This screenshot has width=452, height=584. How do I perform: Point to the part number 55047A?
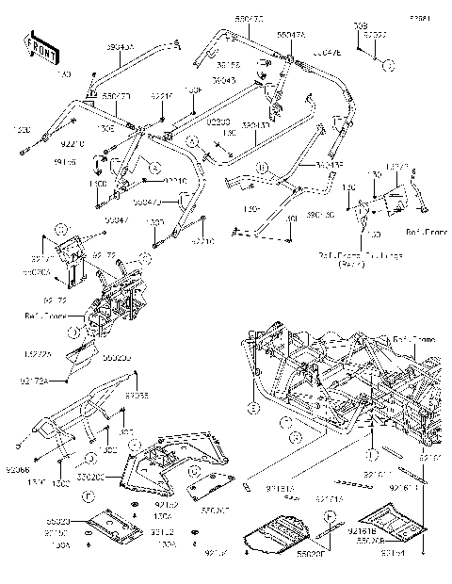click(x=289, y=34)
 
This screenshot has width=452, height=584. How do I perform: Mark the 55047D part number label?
click(x=117, y=95)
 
